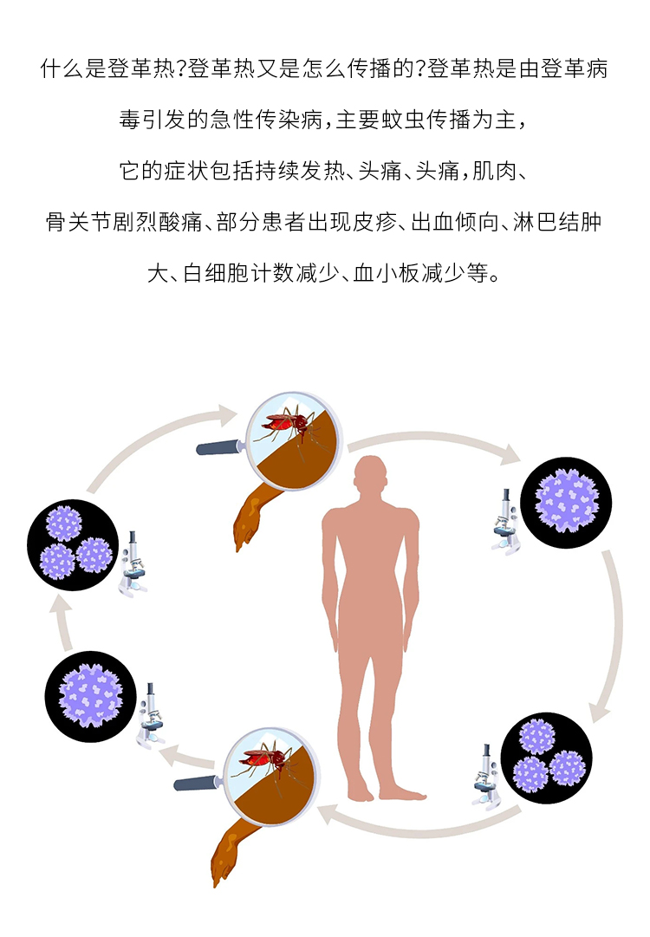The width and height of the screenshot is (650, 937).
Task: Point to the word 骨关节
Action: (x=79, y=223)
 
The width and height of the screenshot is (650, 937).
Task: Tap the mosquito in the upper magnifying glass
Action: (x=289, y=425)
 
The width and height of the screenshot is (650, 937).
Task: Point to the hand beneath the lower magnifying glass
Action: (x=231, y=854)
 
